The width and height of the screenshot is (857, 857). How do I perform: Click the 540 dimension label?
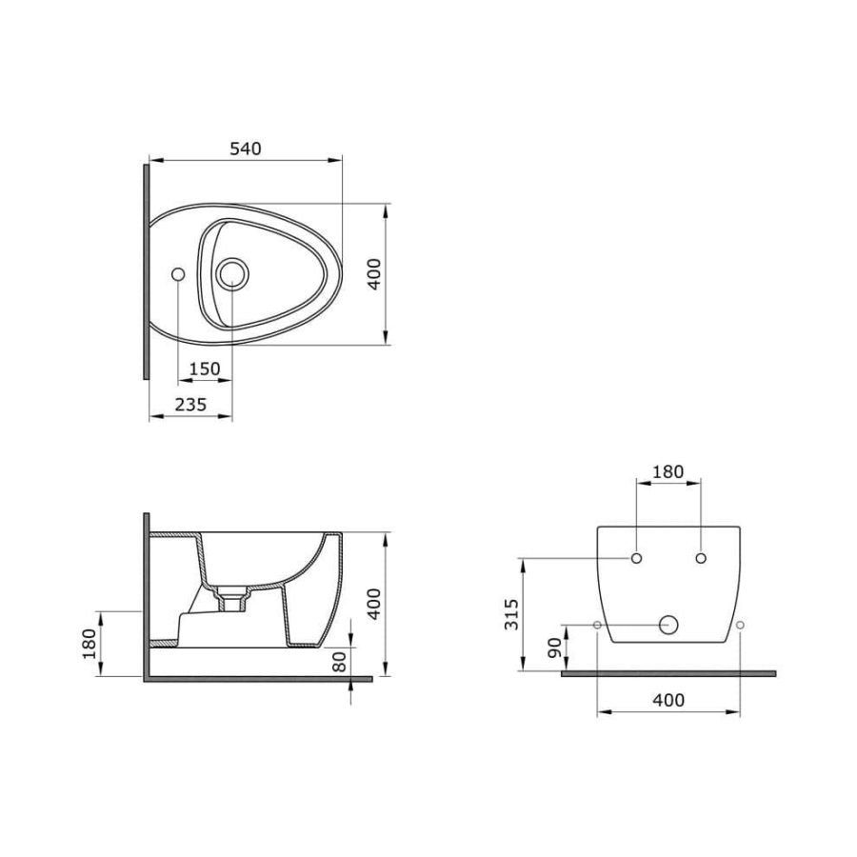coord(246,149)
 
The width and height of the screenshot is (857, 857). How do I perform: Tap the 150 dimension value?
coord(205,369)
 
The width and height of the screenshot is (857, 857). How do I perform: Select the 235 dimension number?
coord(190,405)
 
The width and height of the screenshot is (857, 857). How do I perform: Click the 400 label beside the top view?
coord(374,274)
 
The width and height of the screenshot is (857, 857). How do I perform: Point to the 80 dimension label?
coord(340,662)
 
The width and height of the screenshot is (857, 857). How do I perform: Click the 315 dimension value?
coord(511,614)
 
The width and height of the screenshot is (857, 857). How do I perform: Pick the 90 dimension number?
coord(555,648)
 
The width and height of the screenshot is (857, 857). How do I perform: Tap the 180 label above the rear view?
coord(668,471)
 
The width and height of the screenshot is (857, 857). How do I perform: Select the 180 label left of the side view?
coord(90,644)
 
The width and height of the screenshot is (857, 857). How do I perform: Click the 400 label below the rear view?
coord(668,700)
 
